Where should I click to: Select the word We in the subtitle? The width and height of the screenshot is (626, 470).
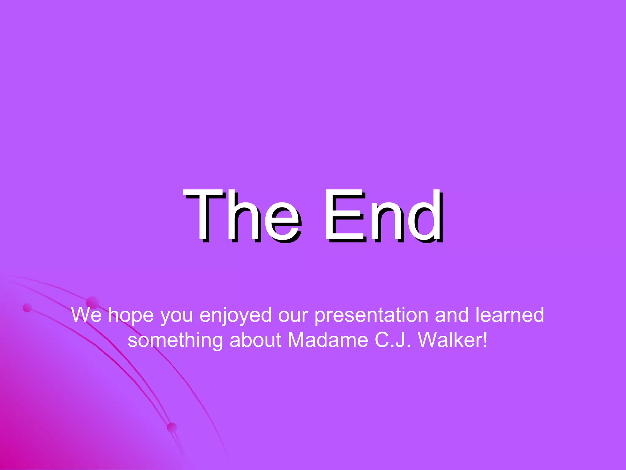click(86, 315)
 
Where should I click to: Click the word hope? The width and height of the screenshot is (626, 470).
click(131, 315)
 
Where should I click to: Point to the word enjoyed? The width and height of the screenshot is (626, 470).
click(235, 315)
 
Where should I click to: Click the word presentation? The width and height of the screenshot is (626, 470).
click(371, 315)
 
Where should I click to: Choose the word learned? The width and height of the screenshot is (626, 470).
click(510, 315)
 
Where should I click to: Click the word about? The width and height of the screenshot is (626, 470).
click(255, 340)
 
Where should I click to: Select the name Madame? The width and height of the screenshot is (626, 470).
click(328, 340)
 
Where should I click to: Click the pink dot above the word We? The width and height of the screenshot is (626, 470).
click(93, 302)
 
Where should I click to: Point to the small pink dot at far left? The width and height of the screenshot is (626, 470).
click(28, 308)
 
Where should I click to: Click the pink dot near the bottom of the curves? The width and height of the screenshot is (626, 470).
click(172, 427)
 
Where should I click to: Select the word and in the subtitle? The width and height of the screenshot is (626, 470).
click(451, 315)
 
